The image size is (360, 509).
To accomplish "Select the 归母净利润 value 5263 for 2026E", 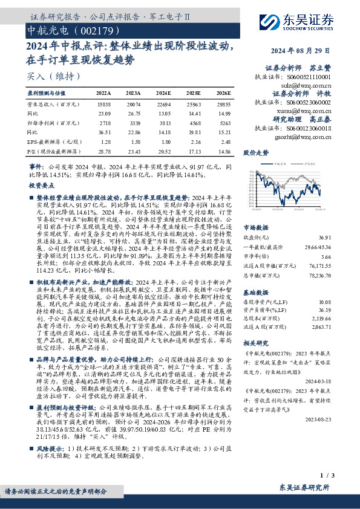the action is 223,122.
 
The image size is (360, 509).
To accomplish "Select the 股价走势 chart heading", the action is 255,153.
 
